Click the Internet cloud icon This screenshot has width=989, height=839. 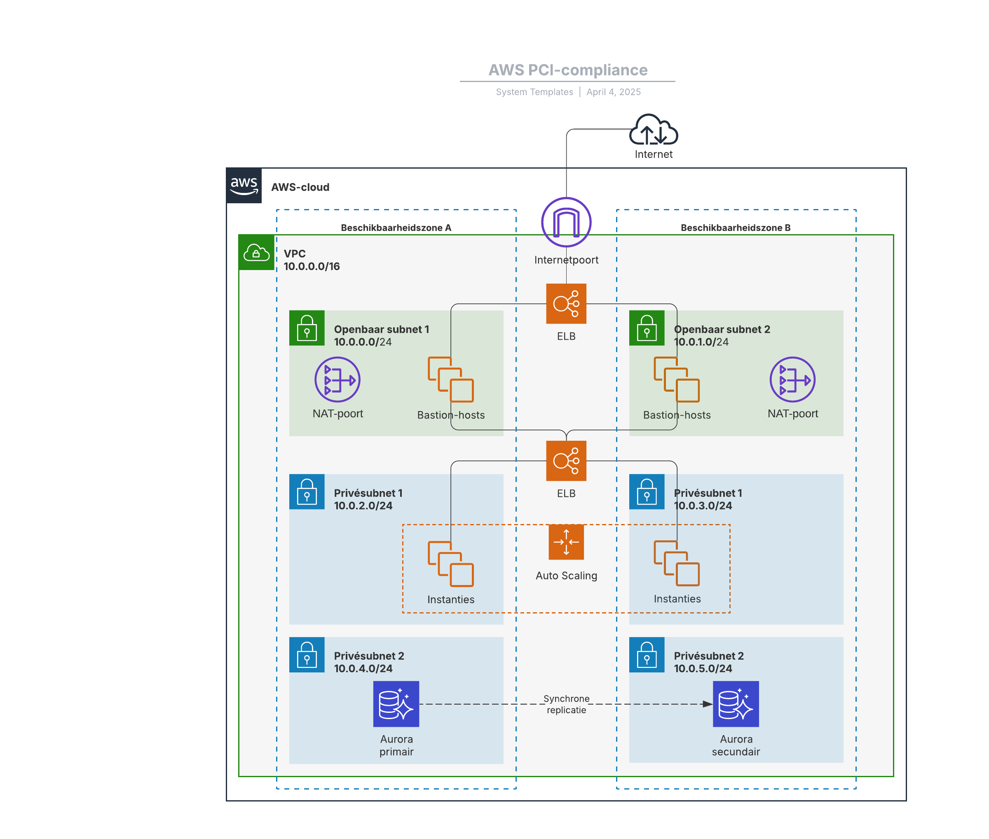pyautogui.click(x=653, y=130)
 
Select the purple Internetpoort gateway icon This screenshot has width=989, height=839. pyautogui.click(x=566, y=222)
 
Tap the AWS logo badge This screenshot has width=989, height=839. pyautogui.click(x=244, y=186)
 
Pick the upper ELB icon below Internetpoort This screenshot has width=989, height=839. pyautogui.click(x=566, y=303)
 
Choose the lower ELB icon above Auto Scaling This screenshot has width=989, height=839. pyautogui.click(x=566, y=461)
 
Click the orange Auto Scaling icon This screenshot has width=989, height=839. pyautogui.click(x=566, y=542)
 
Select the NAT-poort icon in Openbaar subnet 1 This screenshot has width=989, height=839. pyautogui.click(x=337, y=380)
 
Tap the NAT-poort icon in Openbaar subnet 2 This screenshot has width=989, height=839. pyautogui.click(x=792, y=380)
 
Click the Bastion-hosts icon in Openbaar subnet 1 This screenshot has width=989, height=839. pyautogui.click(x=450, y=380)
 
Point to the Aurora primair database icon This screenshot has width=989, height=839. pyautogui.click(x=396, y=703)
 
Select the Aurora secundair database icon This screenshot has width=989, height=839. pyautogui.click(x=736, y=703)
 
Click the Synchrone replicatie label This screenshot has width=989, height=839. pyautogui.click(x=566, y=704)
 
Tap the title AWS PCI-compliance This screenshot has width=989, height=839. pyautogui.click(x=568, y=70)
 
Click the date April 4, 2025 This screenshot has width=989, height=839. pyautogui.click(x=613, y=92)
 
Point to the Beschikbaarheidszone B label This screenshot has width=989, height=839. pyautogui.click(x=735, y=228)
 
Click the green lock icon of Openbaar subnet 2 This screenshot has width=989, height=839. pyautogui.click(x=647, y=328)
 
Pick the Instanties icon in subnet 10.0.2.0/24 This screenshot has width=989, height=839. pyautogui.click(x=450, y=564)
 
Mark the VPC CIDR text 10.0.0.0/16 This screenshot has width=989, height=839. pyautogui.click(x=312, y=266)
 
